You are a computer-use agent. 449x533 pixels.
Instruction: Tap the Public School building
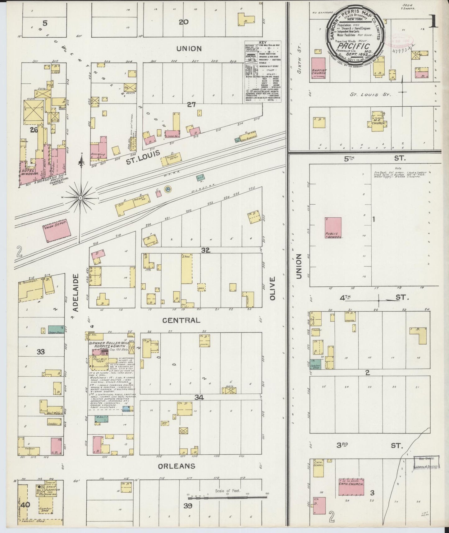pos(333,228)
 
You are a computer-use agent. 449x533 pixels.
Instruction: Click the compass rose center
pos(80,197)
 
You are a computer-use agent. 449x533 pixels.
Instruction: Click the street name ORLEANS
pos(176,466)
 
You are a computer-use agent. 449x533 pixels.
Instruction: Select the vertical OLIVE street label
pos(273,289)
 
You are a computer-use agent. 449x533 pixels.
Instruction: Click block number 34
pos(199,397)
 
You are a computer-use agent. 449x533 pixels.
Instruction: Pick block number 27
pos(191,105)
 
